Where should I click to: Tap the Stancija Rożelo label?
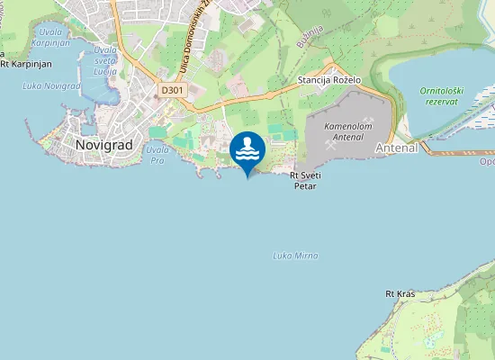(x=329, y=80)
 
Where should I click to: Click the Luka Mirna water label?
(x=295, y=256)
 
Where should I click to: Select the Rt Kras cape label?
(x=399, y=294)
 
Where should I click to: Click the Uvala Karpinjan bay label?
(x=51, y=35)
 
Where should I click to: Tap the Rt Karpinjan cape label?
(x=27, y=64)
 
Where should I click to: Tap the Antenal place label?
(x=395, y=148)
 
